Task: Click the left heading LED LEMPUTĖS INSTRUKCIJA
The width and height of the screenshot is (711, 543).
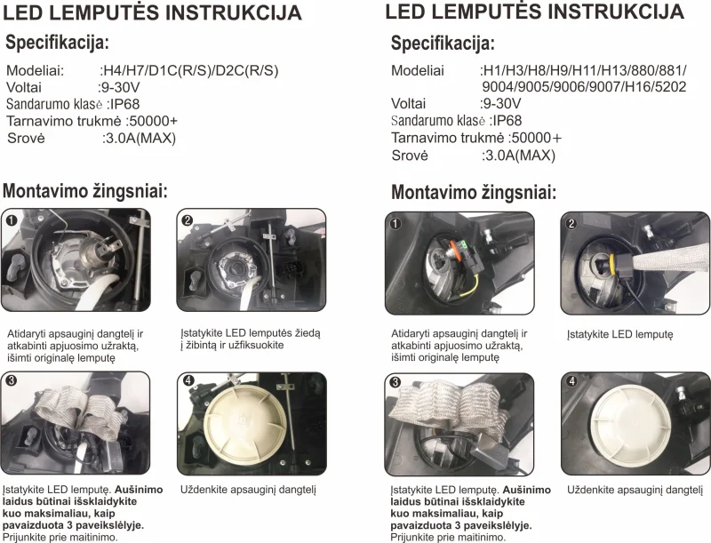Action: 152,12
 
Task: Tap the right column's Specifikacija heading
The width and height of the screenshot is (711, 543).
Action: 443,44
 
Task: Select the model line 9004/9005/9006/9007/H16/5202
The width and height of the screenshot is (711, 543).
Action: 584,86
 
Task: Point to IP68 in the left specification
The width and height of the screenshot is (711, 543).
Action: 125,104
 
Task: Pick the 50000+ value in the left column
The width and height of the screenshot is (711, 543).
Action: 154,121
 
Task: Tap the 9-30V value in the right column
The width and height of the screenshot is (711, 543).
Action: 502,104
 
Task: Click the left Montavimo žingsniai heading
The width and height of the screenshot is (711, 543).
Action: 85,191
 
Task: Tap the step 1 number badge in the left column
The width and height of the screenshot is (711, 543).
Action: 12,220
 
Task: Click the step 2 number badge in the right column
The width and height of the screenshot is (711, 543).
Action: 571,223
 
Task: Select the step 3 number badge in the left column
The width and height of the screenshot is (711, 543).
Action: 11,380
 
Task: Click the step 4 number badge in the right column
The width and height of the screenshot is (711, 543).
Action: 571,381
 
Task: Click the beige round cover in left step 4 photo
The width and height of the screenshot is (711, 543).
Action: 246,424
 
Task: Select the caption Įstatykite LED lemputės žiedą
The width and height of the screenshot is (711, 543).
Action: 251,333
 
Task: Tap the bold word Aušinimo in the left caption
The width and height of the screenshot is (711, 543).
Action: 139,490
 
